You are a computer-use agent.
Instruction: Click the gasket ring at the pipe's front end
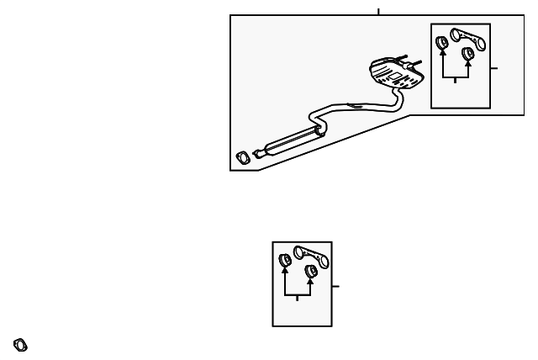coord(243,157)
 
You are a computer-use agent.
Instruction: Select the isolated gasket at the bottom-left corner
coord(20,345)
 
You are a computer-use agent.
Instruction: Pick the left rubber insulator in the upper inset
coord(442,42)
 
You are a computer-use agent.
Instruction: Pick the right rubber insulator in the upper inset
coord(468,56)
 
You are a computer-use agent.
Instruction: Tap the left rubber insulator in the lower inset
coord(285,259)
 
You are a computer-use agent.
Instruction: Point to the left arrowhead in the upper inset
coord(442,54)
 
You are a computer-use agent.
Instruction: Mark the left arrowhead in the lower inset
coord(285,271)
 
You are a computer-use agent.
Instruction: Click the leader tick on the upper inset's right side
coord(494,67)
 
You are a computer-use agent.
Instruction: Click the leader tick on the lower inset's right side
coord(335,286)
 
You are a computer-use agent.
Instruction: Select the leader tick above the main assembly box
coord(378,12)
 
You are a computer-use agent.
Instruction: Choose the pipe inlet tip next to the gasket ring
coord(257,154)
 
